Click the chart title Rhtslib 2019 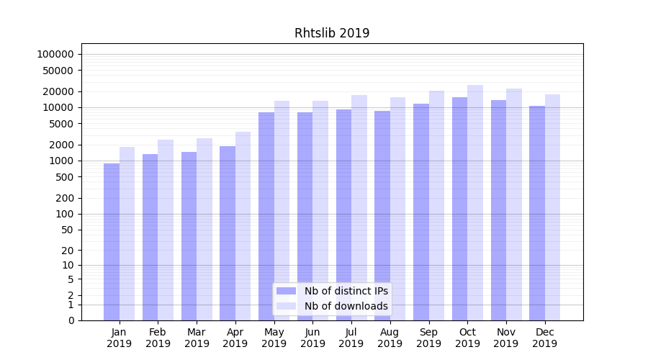point(332,33)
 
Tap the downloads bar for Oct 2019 point(475,202)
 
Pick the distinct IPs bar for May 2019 point(266,216)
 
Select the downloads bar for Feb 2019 point(166,230)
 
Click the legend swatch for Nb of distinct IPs point(287,291)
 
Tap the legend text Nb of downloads point(346,306)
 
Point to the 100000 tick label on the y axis point(55,54)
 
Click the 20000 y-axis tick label point(58,91)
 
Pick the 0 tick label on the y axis point(71,320)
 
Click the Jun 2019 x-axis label point(312,338)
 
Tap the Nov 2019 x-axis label point(506,338)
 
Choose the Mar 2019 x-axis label point(197,338)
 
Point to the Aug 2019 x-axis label point(390,338)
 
